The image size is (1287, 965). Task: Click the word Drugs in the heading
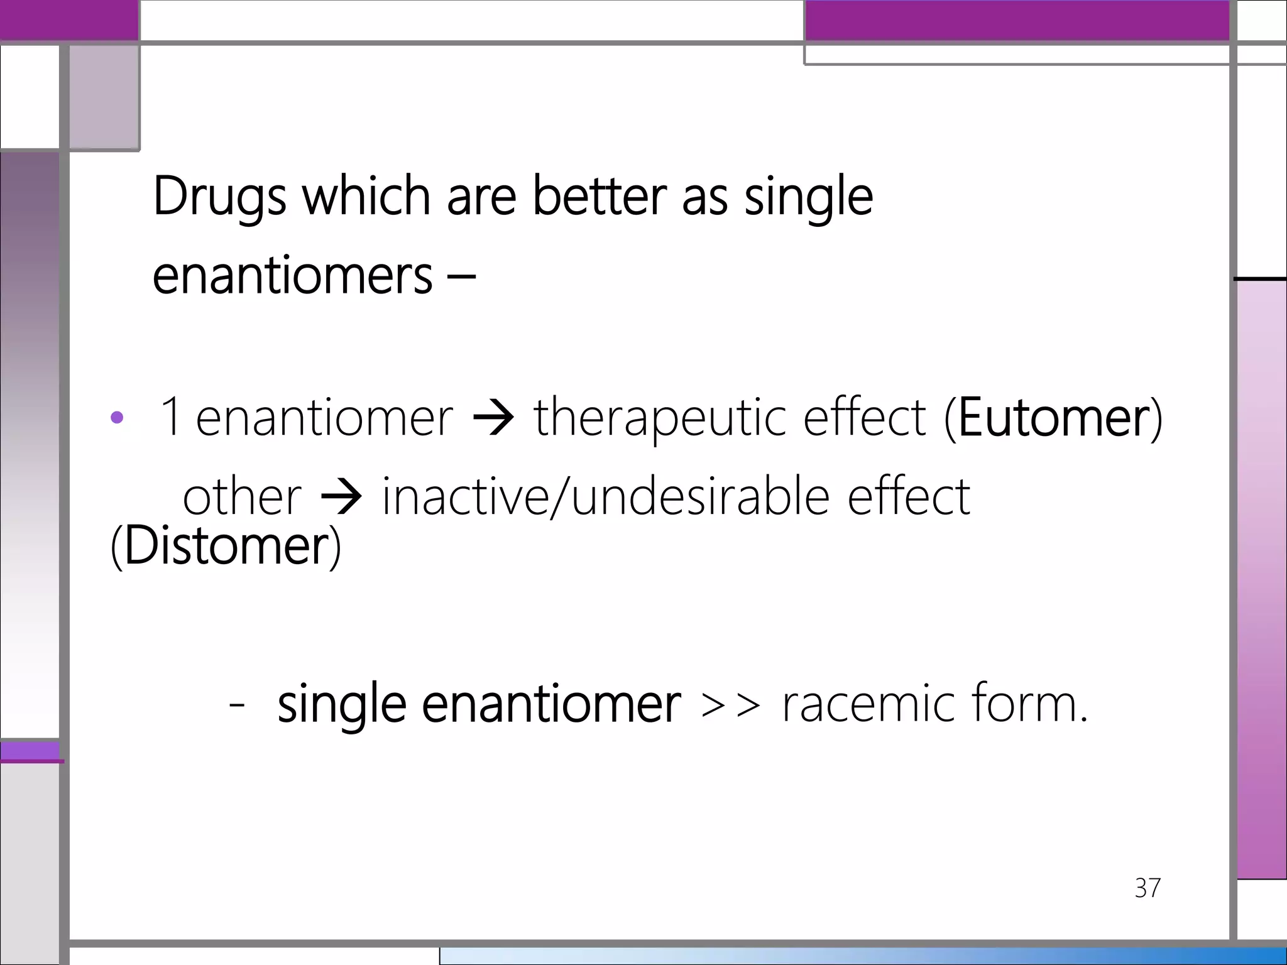click(219, 197)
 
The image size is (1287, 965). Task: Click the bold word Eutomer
click(1053, 418)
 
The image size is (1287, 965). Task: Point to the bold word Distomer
click(226, 545)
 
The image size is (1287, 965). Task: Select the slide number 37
click(1147, 888)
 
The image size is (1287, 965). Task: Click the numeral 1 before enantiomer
click(170, 417)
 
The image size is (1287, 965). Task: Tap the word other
click(242, 497)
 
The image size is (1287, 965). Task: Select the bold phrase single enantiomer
click(479, 704)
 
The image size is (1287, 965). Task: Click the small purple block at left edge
click(30, 752)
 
